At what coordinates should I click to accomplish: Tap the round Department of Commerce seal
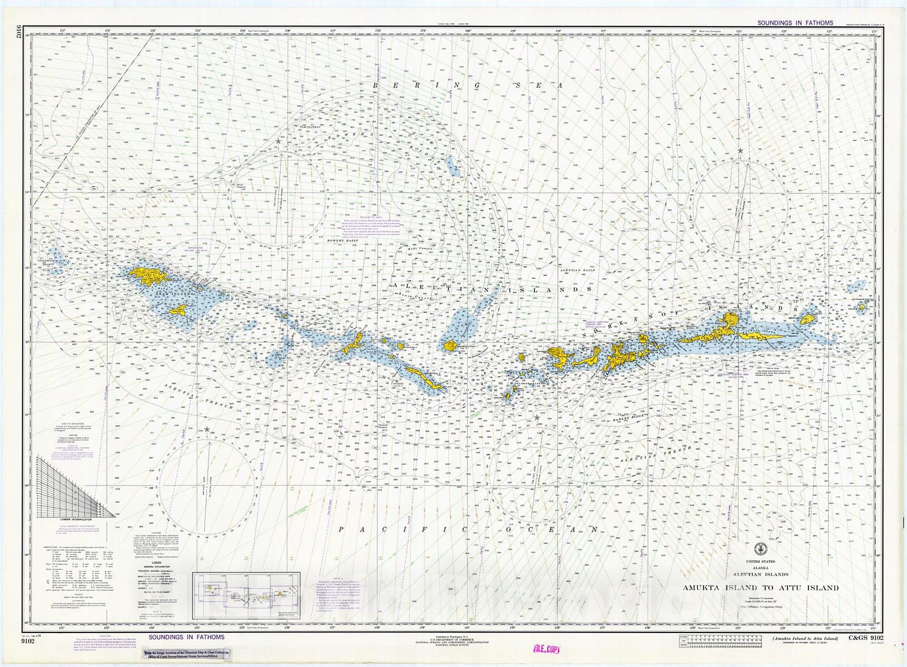[x=760, y=549]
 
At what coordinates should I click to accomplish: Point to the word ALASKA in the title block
[x=760, y=567]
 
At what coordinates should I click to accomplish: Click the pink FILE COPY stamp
[x=545, y=649]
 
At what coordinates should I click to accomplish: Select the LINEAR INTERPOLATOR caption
[x=76, y=519]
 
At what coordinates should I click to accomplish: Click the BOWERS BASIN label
[x=344, y=241]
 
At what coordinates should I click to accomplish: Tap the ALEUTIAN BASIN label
[x=576, y=270]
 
